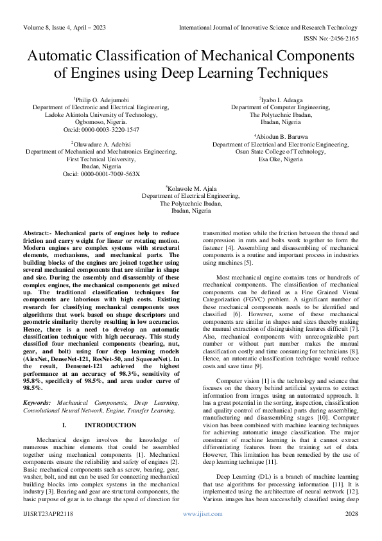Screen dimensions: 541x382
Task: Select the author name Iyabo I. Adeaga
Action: pyautogui.click(x=280, y=100)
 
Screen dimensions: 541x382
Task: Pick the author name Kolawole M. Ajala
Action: pyautogui.click(x=191, y=189)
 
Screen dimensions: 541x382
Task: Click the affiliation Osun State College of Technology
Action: pyautogui.click(x=281, y=152)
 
